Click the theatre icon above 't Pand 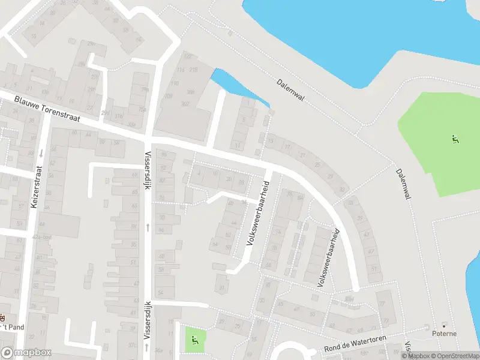coord(2,316)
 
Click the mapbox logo coord(26,353)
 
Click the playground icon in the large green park coord(455,140)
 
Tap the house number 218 coord(194,70)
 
